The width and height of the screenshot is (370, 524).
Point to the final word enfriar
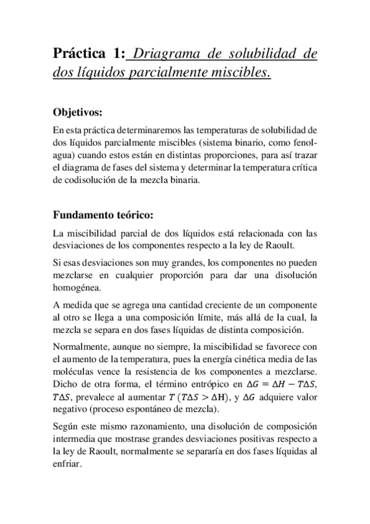66,467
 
